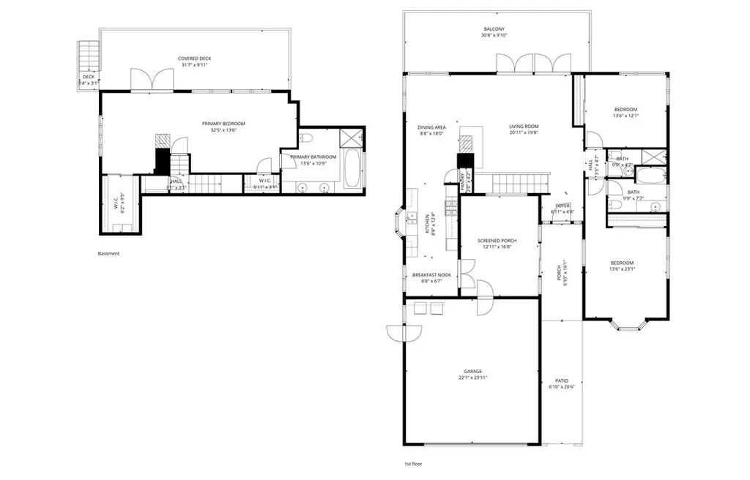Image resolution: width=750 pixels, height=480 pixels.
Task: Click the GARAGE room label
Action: pos(472,371)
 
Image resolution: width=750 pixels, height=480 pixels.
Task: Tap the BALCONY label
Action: pos(494,28)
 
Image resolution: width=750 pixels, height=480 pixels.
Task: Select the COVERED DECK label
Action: pos(194,58)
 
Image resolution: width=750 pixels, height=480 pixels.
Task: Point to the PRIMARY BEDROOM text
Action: pos(223,124)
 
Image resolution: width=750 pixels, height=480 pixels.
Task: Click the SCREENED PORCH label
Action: pos(497,241)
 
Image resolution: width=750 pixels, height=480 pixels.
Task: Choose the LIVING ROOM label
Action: pos(524,126)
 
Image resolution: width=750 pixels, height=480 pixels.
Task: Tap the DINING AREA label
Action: pos(432,127)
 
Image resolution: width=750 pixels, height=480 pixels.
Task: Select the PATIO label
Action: pos(561,380)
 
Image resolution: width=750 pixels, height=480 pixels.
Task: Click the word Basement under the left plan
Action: pos(108,254)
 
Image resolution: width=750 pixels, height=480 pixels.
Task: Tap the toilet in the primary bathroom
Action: pos(307,138)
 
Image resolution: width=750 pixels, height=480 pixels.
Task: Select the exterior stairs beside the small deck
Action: pos(88,55)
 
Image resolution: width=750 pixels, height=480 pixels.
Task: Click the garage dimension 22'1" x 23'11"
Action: pos(472,378)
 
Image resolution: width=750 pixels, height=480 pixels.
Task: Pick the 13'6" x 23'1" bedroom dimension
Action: pos(623,269)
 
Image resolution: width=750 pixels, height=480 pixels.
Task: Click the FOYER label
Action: pos(562,206)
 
